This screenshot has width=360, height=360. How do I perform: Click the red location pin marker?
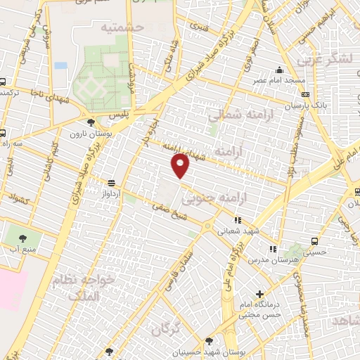click(x=181, y=165)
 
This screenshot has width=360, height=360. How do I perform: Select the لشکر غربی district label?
click(x=334, y=60)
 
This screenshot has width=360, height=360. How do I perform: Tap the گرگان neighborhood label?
click(x=165, y=328)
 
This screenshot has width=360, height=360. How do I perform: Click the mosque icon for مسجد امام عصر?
click(x=279, y=70)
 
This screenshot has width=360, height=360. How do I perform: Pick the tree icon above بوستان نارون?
click(x=91, y=122)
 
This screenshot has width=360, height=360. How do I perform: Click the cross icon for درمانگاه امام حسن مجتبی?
click(x=260, y=294)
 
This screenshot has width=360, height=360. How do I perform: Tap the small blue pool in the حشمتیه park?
click(x=60, y=65)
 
